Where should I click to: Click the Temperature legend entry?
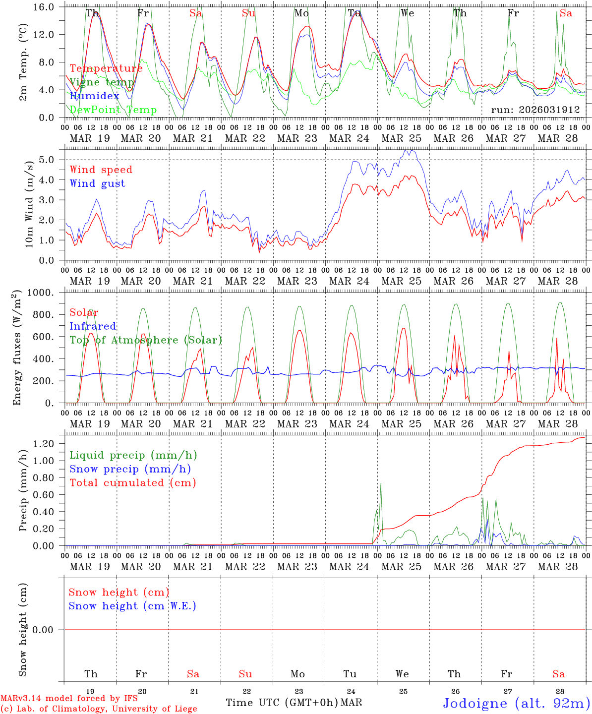coord(106,68)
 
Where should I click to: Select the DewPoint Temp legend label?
coord(113,110)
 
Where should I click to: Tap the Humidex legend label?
coord(94,96)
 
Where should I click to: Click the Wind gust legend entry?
coord(97,183)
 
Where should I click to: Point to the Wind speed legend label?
coord(101,170)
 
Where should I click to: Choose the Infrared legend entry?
coord(93,326)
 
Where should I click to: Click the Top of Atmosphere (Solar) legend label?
coord(145,340)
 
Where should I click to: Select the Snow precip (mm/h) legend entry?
coord(130,469)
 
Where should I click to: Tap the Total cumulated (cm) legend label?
coord(132,482)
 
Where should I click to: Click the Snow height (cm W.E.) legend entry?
coord(132,606)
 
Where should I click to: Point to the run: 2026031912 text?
coord(535,110)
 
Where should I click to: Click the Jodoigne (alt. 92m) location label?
coord(516,703)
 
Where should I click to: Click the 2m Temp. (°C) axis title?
coord(23,62)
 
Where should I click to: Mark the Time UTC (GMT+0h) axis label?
coord(282,703)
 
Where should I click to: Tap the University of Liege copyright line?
coord(99,709)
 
